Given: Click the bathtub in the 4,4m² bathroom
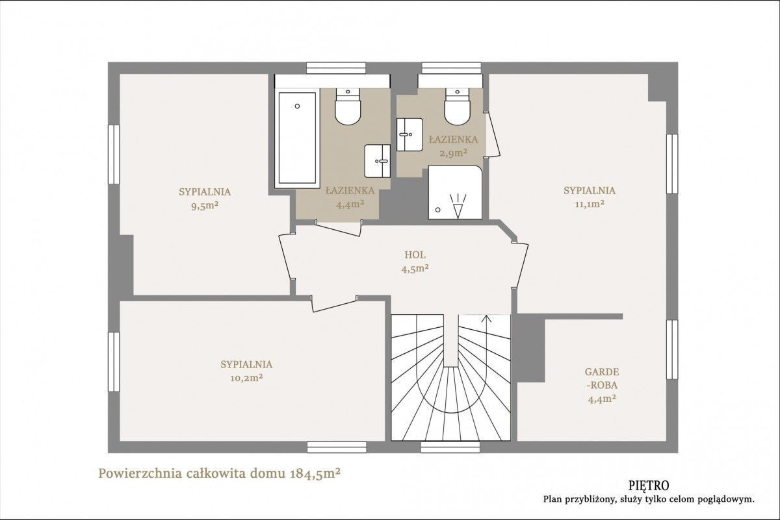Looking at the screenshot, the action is (x=297, y=138).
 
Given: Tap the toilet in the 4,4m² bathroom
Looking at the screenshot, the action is (x=348, y=106).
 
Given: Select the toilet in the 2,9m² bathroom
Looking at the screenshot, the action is (x=457, y=106).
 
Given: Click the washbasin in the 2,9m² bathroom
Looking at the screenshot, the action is (x=409, y=134).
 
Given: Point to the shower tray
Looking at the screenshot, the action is (x=456, y=192).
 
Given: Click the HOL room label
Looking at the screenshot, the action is (x=415, y=255).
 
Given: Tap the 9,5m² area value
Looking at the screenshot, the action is (x=205, y=206).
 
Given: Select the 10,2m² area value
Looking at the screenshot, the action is (x=246, y=378).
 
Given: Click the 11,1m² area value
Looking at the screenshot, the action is (x=589, y=204).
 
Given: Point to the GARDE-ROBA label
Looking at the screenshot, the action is (x=602, y=378).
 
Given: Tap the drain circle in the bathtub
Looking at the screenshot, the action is (x=297, y=106).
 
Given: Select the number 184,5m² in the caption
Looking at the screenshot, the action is (x=315, y=473).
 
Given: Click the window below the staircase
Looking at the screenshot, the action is (x=450, y=447).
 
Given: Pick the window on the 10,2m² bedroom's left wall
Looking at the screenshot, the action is (x=114, y=362).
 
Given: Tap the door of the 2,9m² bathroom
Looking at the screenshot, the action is (x=493, y=134).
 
